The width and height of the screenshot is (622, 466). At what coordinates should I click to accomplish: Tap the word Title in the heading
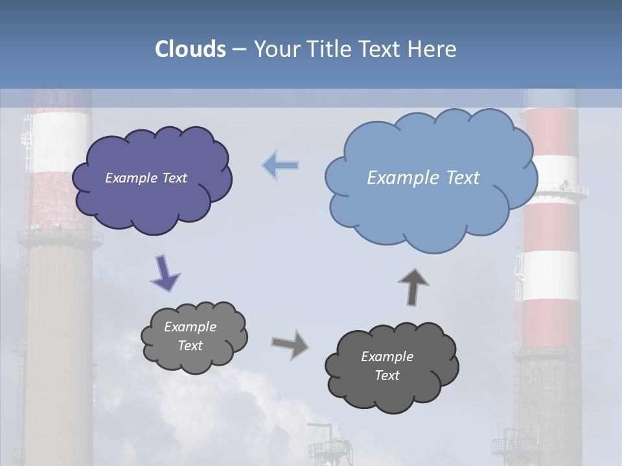point(329,49)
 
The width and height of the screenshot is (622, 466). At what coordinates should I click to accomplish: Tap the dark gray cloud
point(392,392)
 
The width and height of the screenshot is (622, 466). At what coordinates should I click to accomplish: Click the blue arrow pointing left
point(281,166)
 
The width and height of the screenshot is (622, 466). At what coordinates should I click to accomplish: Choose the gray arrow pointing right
point(290,344)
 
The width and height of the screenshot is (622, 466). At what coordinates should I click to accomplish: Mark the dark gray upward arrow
point(413,285)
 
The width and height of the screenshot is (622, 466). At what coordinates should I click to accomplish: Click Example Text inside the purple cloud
point(146,178)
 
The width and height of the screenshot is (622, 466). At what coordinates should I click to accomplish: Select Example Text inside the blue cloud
point(423,178)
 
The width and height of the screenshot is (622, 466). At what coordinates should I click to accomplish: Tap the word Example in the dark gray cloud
point(387,357)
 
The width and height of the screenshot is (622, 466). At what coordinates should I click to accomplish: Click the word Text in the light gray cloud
point(190,346)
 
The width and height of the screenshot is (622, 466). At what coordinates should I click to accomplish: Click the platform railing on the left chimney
point(60,236)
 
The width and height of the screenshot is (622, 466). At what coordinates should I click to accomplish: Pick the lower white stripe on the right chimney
point(551,275)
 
